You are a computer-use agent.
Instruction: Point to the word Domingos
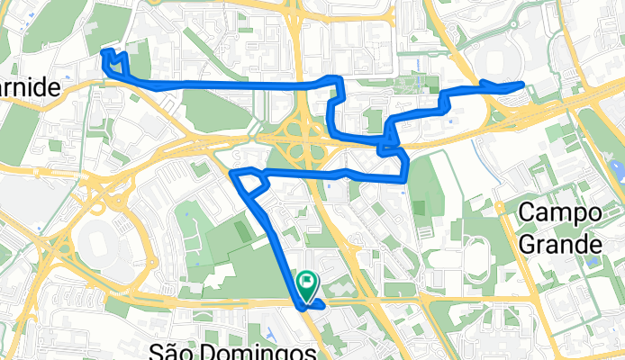point(267,350)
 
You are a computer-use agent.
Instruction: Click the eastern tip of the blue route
point(522,84)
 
